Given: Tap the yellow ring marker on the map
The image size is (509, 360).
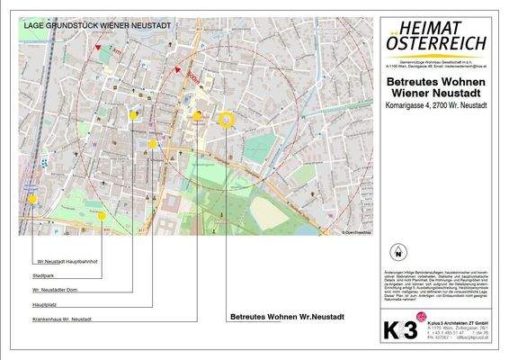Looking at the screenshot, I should [226, 118].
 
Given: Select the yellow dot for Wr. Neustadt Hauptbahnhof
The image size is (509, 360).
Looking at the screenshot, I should [32, 199].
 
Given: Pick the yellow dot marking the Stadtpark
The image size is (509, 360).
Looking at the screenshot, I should [102, 215].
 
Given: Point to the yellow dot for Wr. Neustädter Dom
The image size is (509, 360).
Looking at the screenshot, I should [134, 115].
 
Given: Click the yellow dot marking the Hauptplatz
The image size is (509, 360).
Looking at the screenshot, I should [153, 143].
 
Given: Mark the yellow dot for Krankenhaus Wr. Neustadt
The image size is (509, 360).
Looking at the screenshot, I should [198, 115].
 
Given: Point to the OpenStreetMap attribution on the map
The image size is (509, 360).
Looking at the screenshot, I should [353, 232].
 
